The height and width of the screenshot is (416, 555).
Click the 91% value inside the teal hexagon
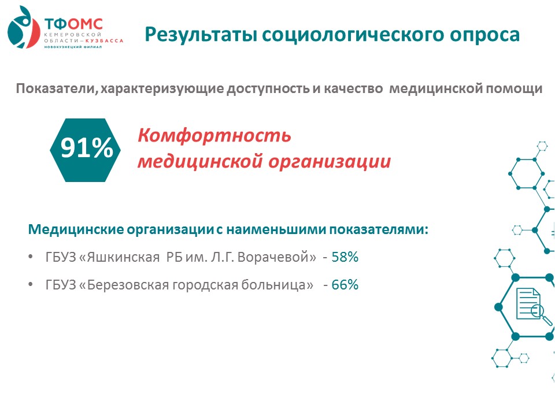point(87,147)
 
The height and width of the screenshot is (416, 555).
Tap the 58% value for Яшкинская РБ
point(345,257)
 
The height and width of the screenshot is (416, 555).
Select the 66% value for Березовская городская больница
point(345,285)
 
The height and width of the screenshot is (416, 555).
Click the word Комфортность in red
point(214,136)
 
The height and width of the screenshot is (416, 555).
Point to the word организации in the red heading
point(330,162)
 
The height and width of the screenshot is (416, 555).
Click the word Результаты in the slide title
point(201,35)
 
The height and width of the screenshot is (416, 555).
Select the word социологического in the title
point(354,35)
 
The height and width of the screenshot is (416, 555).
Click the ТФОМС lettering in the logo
point(73,24)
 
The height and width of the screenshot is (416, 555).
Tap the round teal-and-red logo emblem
point(23,27)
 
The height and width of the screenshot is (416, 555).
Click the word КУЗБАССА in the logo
point(105,40)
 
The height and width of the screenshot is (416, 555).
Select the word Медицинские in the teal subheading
point(76,229)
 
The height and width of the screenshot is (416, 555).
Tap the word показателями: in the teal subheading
point(379,229)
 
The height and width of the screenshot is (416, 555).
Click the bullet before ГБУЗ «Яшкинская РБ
point(31,257)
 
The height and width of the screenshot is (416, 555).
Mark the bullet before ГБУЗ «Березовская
point(31,284)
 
